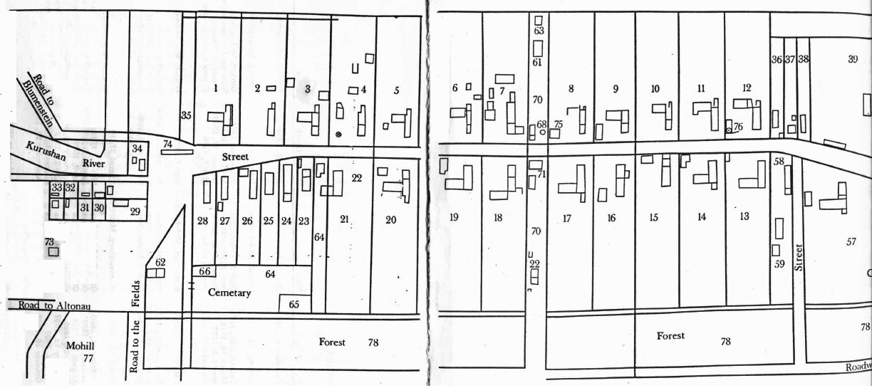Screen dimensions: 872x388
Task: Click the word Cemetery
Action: [x=229, y=293]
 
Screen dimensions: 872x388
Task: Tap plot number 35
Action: [x=186, y=115]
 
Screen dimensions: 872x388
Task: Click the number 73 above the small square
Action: [x=49, y=241]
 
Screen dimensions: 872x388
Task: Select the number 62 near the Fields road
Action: [x=160, y=262]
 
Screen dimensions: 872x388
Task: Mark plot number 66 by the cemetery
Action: [x=204, y=271]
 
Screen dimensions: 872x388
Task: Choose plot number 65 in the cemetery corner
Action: [x=294, y=305]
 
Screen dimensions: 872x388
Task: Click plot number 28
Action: [x=203, y=221]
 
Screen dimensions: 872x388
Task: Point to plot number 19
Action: [x=453, y=216]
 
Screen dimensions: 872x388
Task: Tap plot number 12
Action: [x=746, y=88]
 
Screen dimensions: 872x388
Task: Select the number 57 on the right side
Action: [x=851, y=242]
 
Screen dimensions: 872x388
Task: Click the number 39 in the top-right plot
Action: [x=853, y=59]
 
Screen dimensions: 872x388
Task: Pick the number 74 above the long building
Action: [x=168, y=143]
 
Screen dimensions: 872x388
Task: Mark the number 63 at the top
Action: [x=539, y=31]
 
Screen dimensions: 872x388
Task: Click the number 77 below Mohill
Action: [x=88, y=357]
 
